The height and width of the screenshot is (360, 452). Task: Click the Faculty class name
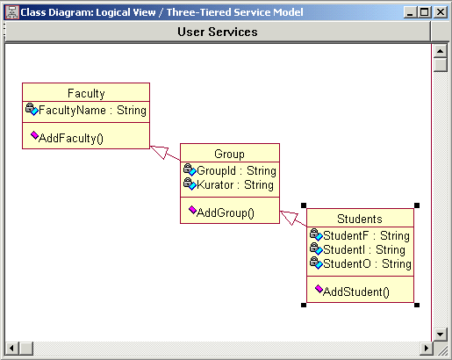coord(86,94)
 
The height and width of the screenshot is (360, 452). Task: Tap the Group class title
coord(229,154)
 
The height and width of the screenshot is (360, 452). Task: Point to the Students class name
coord(360,219)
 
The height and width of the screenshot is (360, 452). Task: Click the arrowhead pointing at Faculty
coord(160,151)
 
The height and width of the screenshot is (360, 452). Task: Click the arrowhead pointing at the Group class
coord(289,217)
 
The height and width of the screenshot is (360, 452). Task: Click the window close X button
coord(441,12)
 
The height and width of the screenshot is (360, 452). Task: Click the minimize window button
coord(410,12)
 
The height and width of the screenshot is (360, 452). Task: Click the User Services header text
coord(218,32)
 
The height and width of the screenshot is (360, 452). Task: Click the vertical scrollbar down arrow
coord(440,334)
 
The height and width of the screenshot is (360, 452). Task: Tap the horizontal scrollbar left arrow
coord(12,349)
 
